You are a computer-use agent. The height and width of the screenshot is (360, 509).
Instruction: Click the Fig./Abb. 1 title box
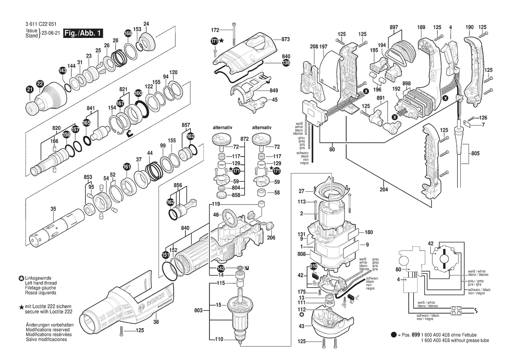tap(83, 33)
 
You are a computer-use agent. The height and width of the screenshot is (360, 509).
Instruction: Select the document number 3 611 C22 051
tap(40, 24)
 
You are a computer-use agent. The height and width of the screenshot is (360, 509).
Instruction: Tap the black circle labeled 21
tap(30, 90)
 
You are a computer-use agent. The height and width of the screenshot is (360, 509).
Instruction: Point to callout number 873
tap(285, 39)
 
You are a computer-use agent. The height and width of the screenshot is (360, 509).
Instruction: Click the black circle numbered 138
tap(286, 63)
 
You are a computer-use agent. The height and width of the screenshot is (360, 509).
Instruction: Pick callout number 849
tap(273, 90)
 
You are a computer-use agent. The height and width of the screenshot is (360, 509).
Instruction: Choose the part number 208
tap(314, 47)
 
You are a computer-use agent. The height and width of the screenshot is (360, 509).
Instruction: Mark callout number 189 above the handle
tap(421, 27)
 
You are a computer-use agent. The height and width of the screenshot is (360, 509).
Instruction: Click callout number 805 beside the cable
tap(475, 153)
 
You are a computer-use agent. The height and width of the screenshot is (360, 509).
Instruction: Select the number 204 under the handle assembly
tap(384, 190)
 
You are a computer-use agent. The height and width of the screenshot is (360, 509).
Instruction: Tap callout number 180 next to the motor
tap(368, 232)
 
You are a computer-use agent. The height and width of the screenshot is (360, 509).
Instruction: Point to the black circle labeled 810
tap(313, 266)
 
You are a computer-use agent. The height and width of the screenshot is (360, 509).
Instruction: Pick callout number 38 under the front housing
tap(156, 322)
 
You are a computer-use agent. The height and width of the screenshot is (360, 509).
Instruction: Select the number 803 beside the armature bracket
tap(199, 311)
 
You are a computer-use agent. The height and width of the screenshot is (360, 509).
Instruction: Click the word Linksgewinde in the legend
tap(38, 278)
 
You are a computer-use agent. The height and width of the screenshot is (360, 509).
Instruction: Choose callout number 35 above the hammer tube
tap(53, 209)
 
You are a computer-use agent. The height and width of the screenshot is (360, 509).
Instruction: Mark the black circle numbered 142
tap(221, 269)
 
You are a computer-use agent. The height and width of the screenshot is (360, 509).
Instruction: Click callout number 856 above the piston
tap(178, 186)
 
